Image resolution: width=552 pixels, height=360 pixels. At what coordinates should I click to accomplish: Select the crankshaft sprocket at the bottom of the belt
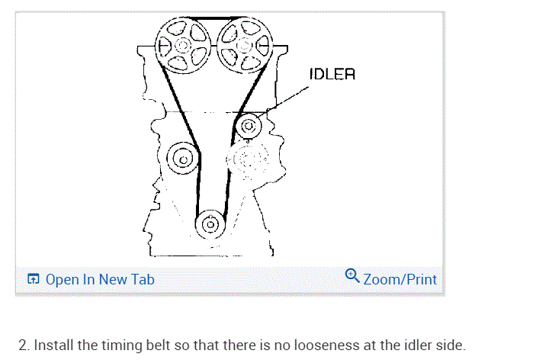(210, 224)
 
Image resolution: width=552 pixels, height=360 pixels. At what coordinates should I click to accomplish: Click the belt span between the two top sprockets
(212, 21)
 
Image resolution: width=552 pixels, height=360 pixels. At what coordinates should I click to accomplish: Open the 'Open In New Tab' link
(99, 279)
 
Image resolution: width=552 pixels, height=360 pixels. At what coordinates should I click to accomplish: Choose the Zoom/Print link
(400, 279)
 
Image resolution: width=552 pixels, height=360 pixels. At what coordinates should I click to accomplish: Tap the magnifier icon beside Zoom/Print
(352, 276)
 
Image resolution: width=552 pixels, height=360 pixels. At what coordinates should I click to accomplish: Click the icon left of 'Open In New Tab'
(33, 279)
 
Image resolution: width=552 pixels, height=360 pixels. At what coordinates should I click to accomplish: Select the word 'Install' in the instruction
(49, 346)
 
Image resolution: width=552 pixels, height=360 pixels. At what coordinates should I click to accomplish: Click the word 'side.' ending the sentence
(449, 346)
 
